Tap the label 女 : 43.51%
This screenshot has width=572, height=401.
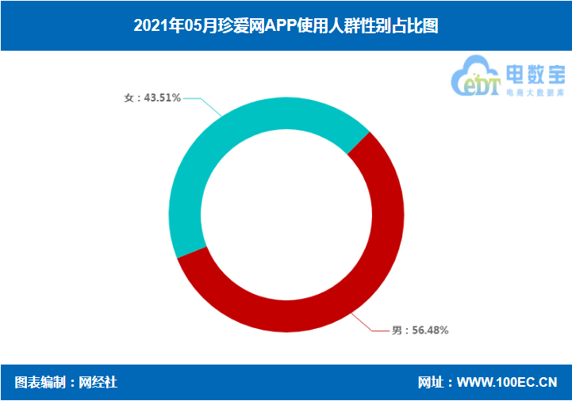click(152, 97)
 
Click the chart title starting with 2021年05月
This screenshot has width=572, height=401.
click(286, 25)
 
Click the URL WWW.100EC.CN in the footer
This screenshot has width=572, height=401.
click(507, 383)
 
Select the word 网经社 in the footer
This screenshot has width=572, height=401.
click(98, 383)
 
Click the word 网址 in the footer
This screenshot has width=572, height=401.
click(430, 383)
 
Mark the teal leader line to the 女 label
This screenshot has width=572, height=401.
click(205, 106)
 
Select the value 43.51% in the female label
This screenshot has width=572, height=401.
click(163, 97)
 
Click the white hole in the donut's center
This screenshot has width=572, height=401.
click(286, 215)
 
